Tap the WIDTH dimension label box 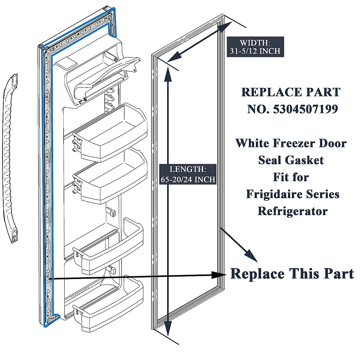click(255, 47)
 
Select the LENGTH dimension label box click(188, 174)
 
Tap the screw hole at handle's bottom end click(13, 238)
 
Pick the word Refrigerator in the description click(292, 211)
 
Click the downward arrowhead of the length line click(168, 327)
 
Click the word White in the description click(251, 143)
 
